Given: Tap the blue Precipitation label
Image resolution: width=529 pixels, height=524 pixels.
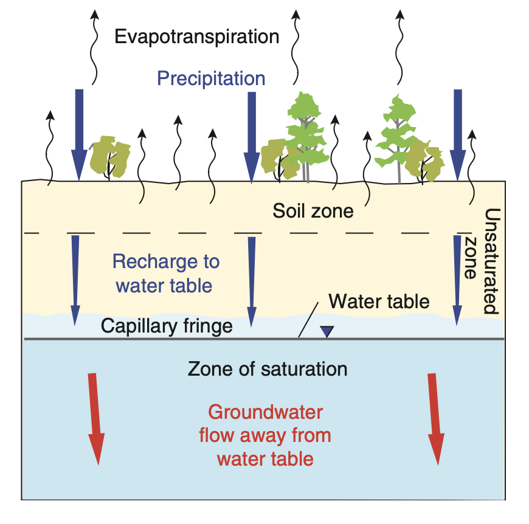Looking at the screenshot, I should [x=211, y=78].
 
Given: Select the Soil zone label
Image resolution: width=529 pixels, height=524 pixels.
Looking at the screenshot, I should [x=313, y=211].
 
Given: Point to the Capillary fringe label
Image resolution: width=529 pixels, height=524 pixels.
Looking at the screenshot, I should [x=167, y=326].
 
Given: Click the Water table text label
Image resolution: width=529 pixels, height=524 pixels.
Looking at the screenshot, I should [x=379, y=301].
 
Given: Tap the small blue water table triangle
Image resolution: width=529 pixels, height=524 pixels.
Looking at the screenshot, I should [x=328, y=331].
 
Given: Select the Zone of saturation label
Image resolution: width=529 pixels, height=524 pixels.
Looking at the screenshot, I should [x=268, y=368].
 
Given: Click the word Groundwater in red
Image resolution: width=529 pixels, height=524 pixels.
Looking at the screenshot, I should [x=265, y=412].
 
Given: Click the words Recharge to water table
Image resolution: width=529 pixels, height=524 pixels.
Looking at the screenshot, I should [x=165, y=274].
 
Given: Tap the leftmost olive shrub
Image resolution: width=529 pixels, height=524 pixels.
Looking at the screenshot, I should [x=110, y=157].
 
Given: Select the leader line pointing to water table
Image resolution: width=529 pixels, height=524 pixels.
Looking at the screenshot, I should [x=307, y=319].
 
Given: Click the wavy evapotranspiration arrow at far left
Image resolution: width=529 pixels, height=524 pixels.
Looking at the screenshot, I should [x=50, y=146].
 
